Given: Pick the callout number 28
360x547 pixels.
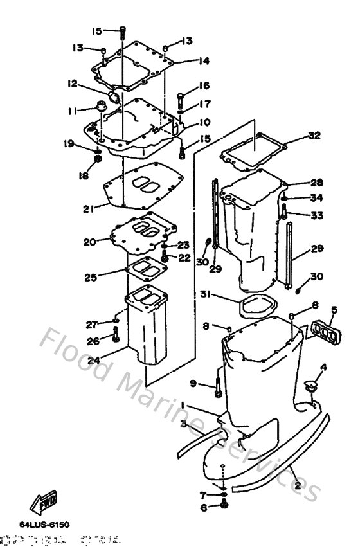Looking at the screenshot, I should click(317, 183).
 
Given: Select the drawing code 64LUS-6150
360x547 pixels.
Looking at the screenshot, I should click(44, 525).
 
